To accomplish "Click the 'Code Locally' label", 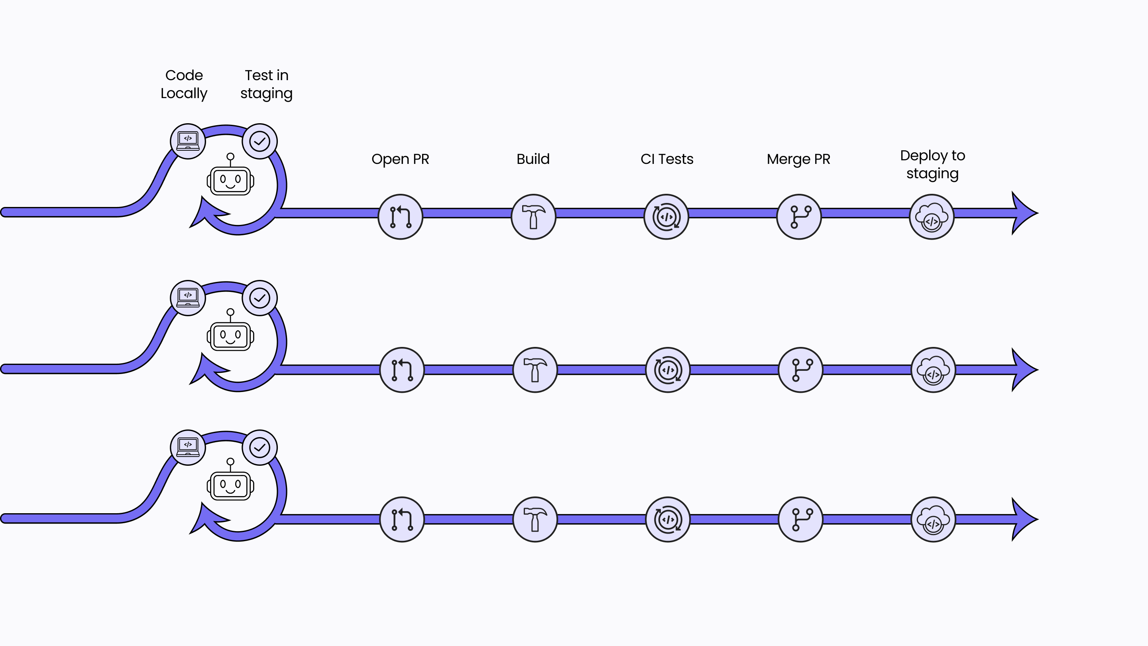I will tap(184, 84).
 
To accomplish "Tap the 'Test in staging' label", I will tap(267, 84).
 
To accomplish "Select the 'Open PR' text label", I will tap(400, 159).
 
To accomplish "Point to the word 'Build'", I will tap(533, 159).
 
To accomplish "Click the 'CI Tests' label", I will tap(667, 159).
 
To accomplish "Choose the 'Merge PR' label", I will tap(798, 159).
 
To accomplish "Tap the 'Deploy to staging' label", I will tap(932, 165).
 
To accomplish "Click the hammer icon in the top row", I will tap(533, 217).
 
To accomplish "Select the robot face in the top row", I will tap(230, 181).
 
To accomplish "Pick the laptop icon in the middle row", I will tap(188, 298).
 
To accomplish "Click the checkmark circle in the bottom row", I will tap(260, 447).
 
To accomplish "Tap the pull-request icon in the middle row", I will tap(402, 370).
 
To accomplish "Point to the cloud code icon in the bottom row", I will tap(933, 519).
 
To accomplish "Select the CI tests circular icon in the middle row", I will tap(668, 370).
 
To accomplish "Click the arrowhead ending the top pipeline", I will tap(1024, 213).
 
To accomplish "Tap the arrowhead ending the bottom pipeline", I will tap(1024, 519).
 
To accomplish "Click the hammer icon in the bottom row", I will tap(535, 519).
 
